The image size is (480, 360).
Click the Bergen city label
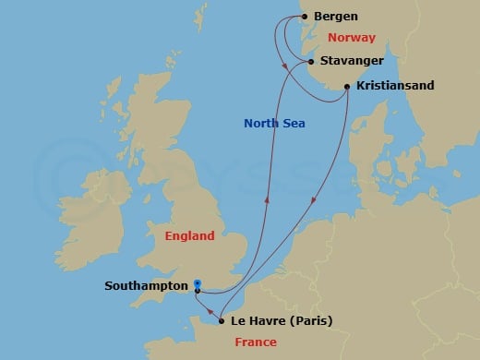click(337, 17)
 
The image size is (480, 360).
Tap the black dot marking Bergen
click(306, 17)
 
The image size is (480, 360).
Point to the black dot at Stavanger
click(311, 61)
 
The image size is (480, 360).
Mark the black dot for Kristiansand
click(347, 87)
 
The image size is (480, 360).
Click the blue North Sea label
click(274, 123)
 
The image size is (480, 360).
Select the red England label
click(189, 235)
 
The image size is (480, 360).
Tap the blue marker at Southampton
click(198, 285)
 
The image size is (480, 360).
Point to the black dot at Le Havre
click(222, 321)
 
